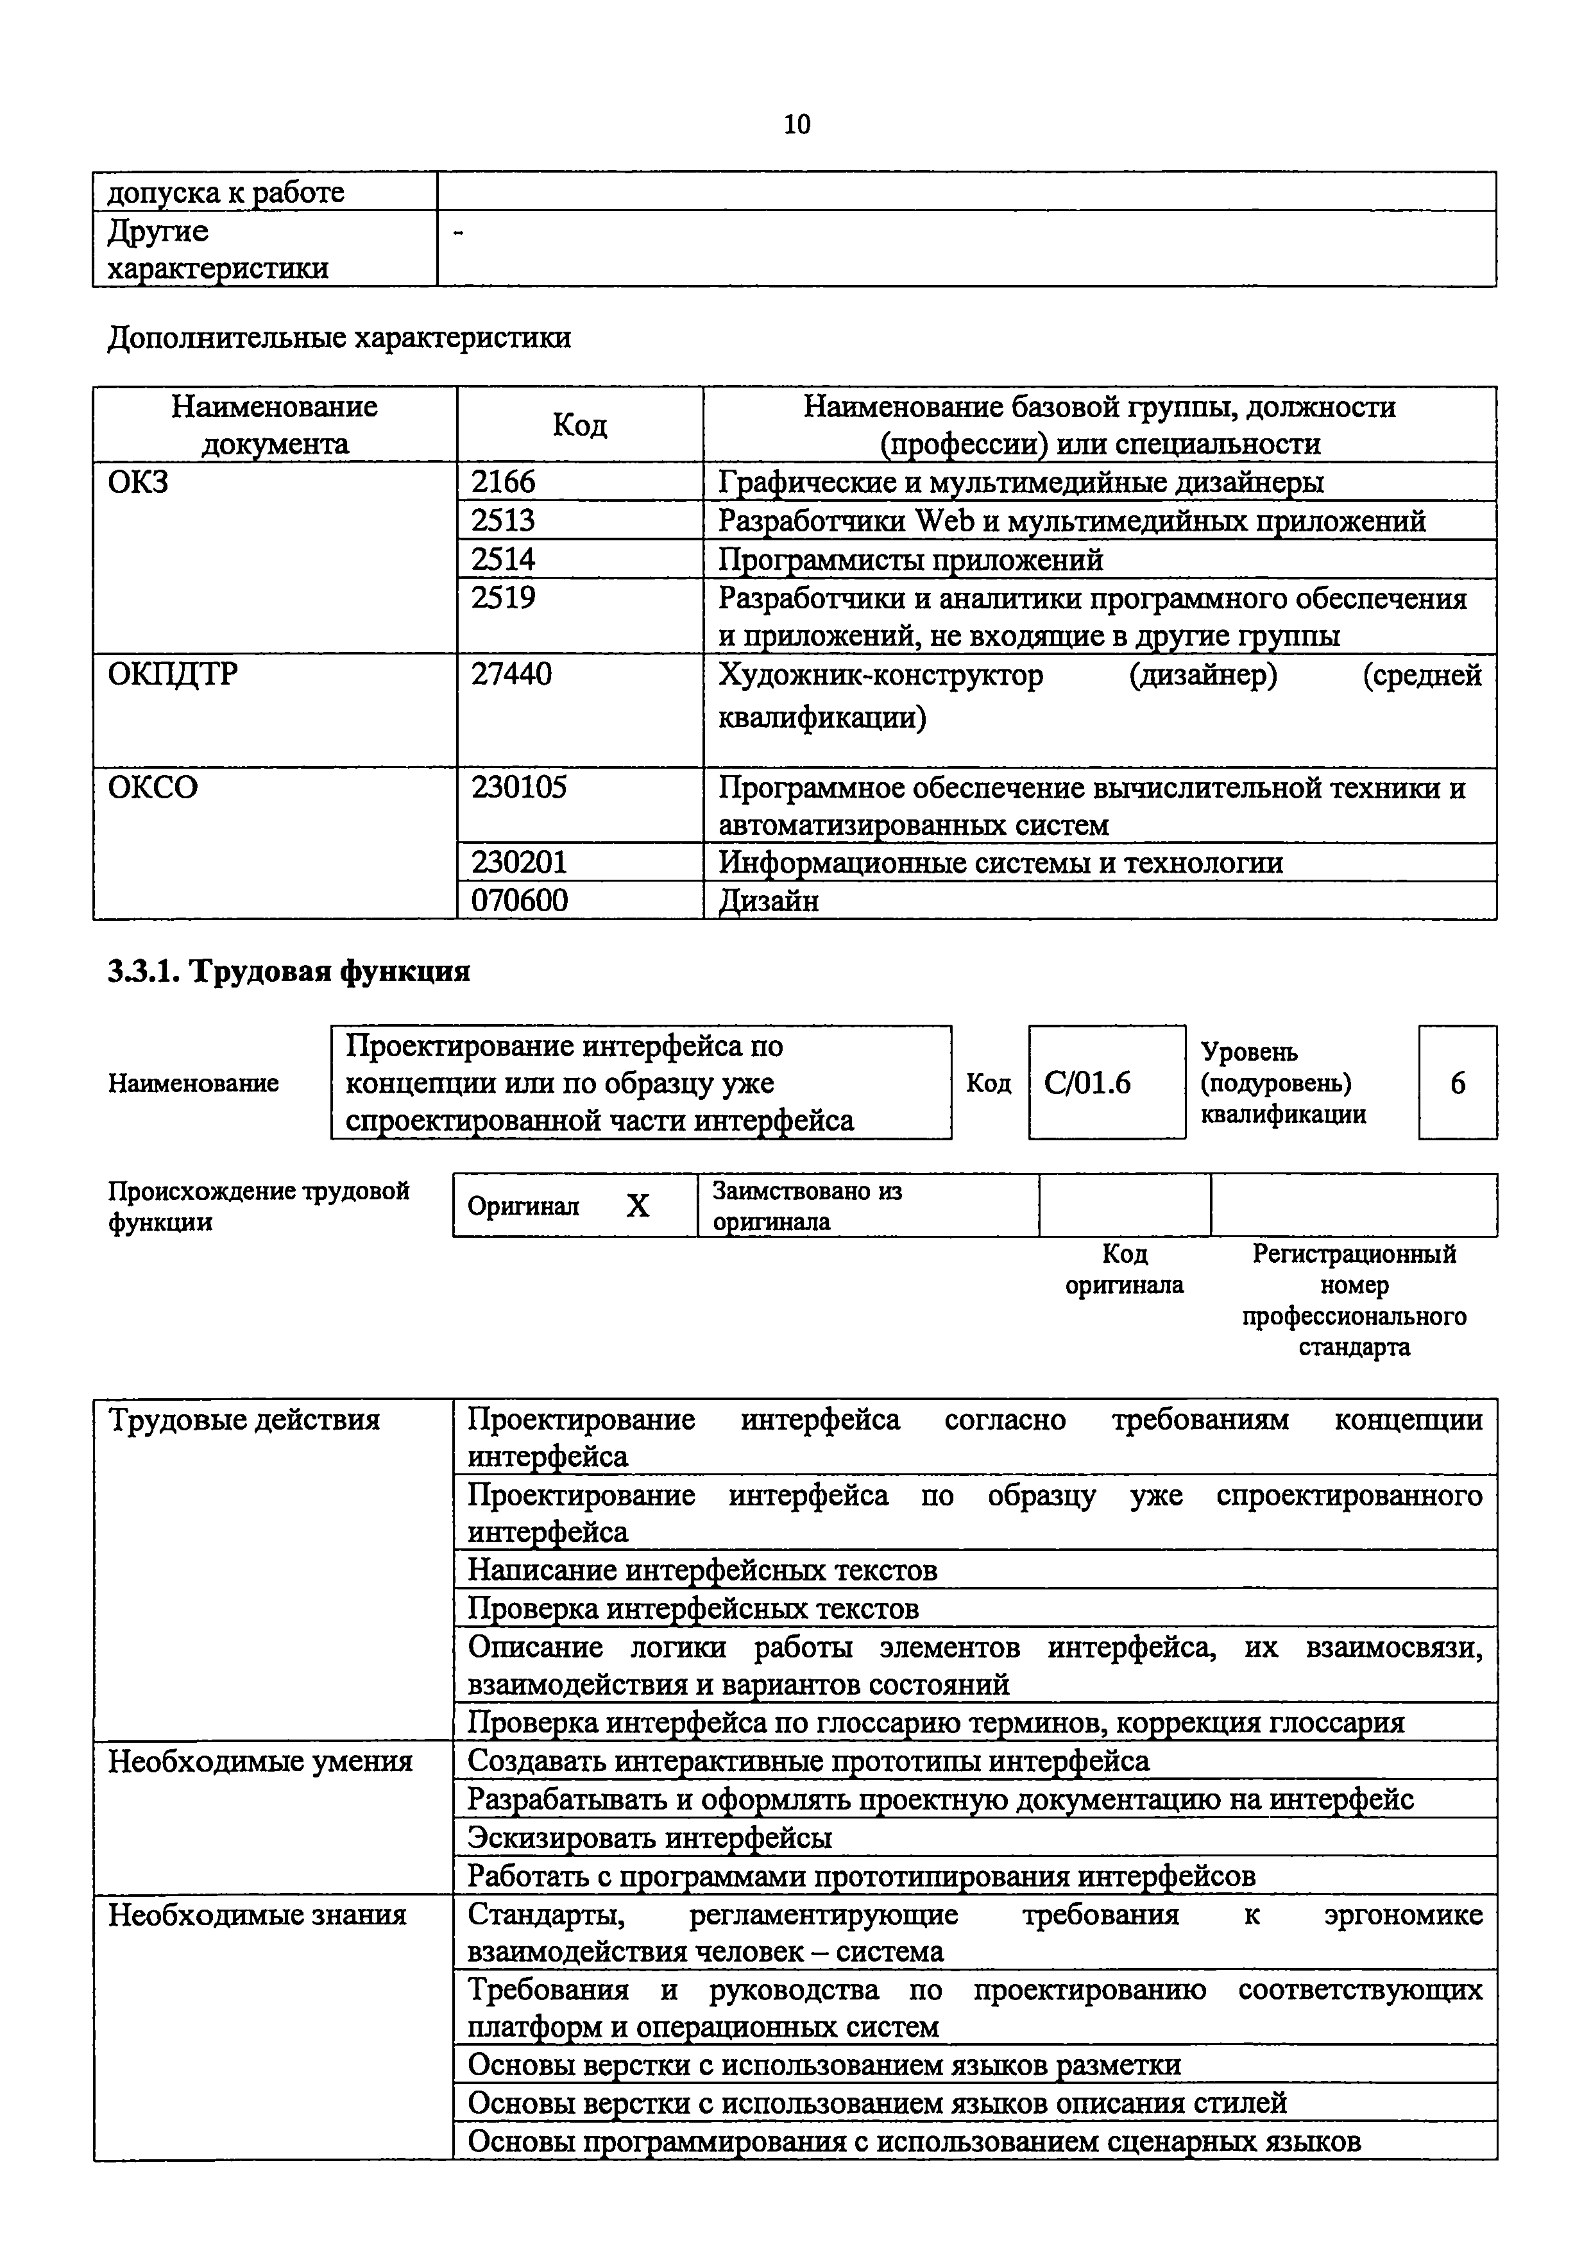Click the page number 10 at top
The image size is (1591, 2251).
coord(797,124)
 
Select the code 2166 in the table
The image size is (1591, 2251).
coord(504,481)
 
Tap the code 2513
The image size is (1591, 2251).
coord(504,520)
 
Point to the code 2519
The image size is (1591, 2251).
coord(504,597)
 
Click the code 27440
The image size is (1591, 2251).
coord(511,674)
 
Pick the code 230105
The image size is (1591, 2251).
coord(518,787)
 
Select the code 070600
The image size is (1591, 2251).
coord(518,900)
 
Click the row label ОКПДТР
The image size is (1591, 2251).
coord(173,674)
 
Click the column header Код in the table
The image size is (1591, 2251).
coord(579,425)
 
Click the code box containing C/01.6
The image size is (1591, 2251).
coord(1106,1083)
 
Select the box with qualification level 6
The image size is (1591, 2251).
coord(1457,1083)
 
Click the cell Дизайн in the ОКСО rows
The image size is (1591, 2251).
coord(769,900)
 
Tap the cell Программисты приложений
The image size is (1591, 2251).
coord(911,559)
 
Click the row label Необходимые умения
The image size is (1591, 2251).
coord(260,1762)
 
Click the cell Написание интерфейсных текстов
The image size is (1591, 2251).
coord(702,1570)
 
